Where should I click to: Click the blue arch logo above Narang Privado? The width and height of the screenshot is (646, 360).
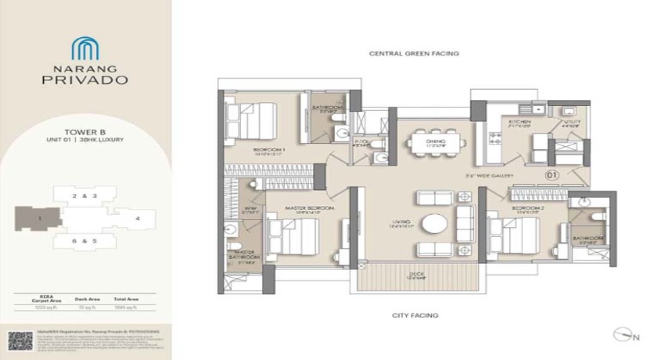pyautogui.click(x=85, y=49)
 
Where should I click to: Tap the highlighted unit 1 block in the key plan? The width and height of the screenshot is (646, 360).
pyautogui.click(x=38, y=218)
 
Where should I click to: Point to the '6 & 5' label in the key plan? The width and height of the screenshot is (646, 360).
pyautogui.click(x=84, y=240)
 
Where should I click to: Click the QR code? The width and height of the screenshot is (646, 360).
pyautogui.click(x=20, y=341)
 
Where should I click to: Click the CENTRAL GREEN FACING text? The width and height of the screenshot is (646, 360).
pyautogui.click(x=414, y=53)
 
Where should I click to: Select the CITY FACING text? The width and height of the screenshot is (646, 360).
pyautogui.click(x=415, y=315)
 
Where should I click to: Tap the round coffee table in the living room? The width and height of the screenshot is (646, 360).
pyautogui.click(x=435, y=224)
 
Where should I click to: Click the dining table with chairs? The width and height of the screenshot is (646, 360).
pyautogui.click(x=435, y=143)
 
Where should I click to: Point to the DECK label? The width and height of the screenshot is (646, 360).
pyautogui.click(x=415, y=274)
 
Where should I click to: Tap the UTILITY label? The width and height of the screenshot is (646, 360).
pyautogui.click(x=572, y=121)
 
